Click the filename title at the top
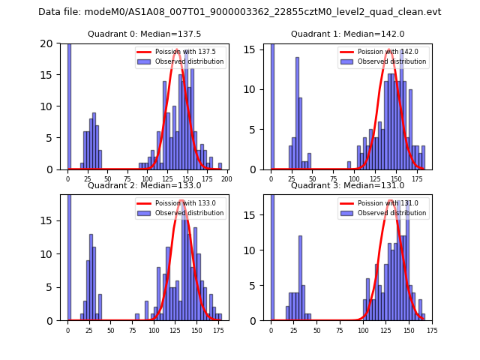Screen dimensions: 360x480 (239, 12)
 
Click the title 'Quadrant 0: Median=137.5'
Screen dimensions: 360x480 (144, 34)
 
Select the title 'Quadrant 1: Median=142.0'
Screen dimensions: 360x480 (347, 34)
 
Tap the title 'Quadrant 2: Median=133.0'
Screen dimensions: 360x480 (144, 185)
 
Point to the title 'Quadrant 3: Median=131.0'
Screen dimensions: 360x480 (347, 185)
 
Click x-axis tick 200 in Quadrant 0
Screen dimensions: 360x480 (226, 178)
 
